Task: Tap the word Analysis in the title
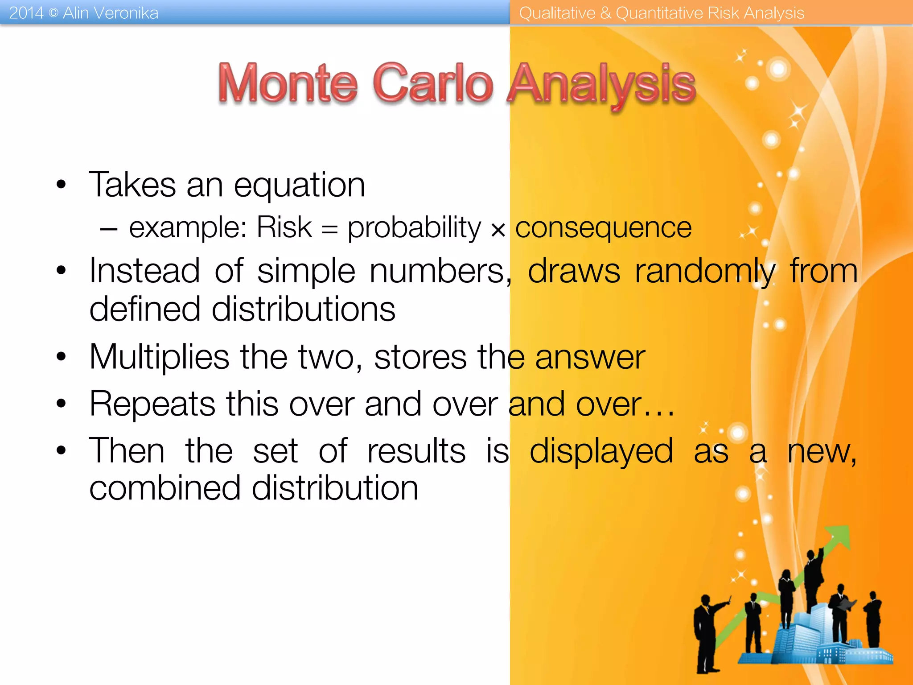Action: [x=602, y=85]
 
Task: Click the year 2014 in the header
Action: [x=26, y=13]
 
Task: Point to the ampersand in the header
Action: [x=605, y=13]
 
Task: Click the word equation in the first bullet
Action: [x=300, y=186]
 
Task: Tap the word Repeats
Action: [x=152, y=404]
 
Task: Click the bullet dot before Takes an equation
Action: [x=61, y=184]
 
